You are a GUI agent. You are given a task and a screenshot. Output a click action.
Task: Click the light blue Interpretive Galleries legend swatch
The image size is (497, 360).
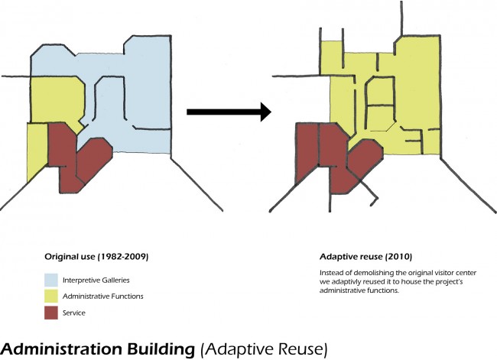coord(51,281)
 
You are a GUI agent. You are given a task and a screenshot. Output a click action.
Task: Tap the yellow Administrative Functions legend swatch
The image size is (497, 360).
coord(51,297)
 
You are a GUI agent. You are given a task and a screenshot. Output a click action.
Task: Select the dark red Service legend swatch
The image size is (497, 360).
coord(51,313)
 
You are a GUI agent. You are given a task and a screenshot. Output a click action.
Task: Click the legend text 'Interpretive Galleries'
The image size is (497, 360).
coord(96,281)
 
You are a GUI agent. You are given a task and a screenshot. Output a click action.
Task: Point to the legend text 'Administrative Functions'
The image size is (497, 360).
coord(103,297)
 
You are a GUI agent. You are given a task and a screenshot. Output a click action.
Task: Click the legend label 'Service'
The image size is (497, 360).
coord(74,313)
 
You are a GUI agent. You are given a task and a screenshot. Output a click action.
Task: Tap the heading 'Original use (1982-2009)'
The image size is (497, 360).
coord(96,257)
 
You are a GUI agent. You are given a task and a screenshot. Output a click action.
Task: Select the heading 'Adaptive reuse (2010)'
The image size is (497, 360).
coord(365,257)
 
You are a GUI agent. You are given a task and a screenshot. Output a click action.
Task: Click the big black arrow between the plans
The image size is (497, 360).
coord(229,112)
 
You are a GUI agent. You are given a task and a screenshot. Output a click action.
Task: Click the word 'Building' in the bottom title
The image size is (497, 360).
coord(161,349)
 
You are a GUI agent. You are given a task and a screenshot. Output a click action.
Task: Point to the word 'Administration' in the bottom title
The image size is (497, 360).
coord(62,349)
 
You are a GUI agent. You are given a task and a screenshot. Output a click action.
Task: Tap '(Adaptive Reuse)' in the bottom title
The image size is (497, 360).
coord(264,349)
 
